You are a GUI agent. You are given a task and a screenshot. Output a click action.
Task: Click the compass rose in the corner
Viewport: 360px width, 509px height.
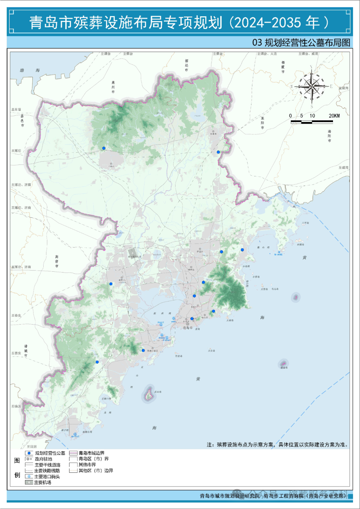(311, 86)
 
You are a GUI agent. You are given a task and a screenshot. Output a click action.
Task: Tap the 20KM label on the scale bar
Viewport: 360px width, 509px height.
(334, 116)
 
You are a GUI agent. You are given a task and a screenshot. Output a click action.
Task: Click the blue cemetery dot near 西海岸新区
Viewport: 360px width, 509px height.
(143, 350)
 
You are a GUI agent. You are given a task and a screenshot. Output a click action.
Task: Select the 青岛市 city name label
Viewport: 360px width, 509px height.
(188, 328)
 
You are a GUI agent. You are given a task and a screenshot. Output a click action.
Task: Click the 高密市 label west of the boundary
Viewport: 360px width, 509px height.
(57, 261)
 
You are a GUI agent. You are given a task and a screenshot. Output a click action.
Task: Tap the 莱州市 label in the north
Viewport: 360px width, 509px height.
(113, 87)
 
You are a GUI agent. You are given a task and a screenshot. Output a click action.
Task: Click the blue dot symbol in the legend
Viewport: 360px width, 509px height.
(29, 453)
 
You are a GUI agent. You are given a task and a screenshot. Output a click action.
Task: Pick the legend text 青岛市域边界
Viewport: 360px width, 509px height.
(91, 453)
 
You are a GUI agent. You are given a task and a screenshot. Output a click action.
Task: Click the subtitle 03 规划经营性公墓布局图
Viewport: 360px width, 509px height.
(301, 43)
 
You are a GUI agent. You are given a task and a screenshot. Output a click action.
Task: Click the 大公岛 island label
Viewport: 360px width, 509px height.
(211, 351)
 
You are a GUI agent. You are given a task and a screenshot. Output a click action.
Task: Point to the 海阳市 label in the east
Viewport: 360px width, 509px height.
(329, 136)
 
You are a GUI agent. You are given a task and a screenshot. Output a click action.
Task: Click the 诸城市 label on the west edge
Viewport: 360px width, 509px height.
(26, 351)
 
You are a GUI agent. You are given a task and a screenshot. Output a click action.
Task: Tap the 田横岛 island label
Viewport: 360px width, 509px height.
(300, 244)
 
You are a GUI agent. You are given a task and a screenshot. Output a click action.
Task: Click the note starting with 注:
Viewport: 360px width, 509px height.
(277, 445)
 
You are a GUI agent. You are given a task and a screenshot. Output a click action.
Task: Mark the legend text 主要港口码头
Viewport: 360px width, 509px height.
(47, 477)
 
